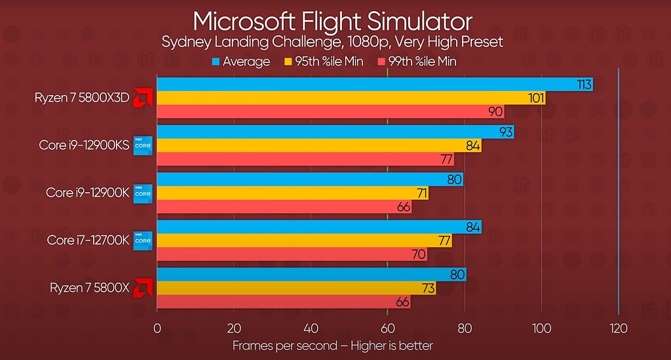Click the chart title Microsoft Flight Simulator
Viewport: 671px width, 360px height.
tap(332, 21)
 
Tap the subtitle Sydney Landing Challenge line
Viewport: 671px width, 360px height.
tap(332, 42)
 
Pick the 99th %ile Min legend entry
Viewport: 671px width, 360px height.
tap(417, 62)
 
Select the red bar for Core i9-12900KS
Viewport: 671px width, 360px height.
tap(305, 159)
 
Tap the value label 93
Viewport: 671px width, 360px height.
tap(505, 132)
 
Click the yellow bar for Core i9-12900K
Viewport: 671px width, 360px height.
tap(292, 193)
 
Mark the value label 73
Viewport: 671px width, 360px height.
tap(426, 289)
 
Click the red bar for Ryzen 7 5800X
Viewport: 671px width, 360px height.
tap(282, 302)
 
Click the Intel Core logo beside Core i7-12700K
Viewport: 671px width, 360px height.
tap(143, 240)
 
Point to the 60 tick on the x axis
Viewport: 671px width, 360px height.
tap(388, 329)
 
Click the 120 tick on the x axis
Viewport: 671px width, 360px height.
tap(619, 329)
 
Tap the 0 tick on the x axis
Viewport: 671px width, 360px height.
tap(157, 329)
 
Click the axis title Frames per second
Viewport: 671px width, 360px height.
tap(332, 345)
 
